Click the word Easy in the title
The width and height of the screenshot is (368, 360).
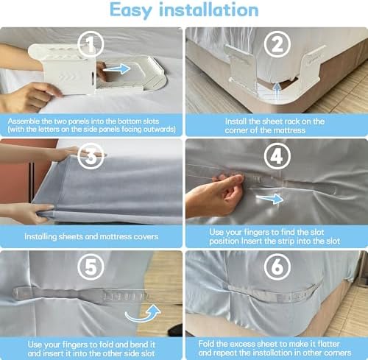131,10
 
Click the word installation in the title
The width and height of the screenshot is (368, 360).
208,10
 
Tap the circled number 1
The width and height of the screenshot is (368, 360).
91,44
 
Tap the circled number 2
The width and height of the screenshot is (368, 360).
277,44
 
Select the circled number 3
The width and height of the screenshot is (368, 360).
91,156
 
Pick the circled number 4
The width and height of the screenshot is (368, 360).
277,156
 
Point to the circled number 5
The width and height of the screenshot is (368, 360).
91,267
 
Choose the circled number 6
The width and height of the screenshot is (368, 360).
277,267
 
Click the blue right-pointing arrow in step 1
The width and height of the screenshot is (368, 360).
117,68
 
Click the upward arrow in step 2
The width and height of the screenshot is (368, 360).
277,91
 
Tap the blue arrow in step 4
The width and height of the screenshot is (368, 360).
270,198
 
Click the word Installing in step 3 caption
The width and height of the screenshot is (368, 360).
40,236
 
